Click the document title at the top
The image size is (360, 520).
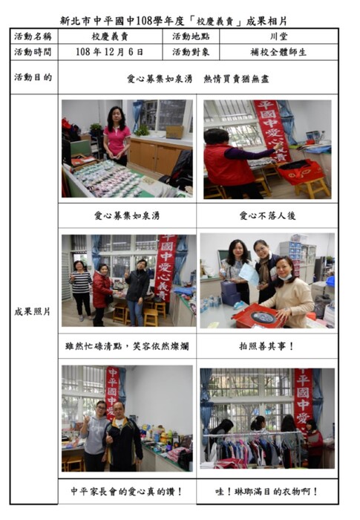click(x=174, y=22)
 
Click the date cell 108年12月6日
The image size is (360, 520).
click(x=110, y=52)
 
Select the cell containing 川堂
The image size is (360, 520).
click(x=279, y=36)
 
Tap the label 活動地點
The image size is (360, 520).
click(x=191, y=36)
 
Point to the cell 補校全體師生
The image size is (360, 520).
click(x=278, y=52)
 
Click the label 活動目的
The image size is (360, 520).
click(x=33, y=77)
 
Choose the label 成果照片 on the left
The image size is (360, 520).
click(x=33, y=311)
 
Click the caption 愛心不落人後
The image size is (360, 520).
click(x=267, y=216)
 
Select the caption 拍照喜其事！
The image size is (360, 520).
click(x=267, y=346)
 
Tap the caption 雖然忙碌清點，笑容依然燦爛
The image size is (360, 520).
click(x=127, y=346)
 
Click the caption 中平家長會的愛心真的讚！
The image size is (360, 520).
click(x=127, y=491)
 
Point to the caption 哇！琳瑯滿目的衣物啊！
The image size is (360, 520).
click(x=267, y=491)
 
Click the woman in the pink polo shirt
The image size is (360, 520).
click(x=117, y=136)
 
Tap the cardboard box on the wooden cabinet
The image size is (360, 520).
click(x=174, y=132)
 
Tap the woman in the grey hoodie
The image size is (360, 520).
click(x=96, y=437)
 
